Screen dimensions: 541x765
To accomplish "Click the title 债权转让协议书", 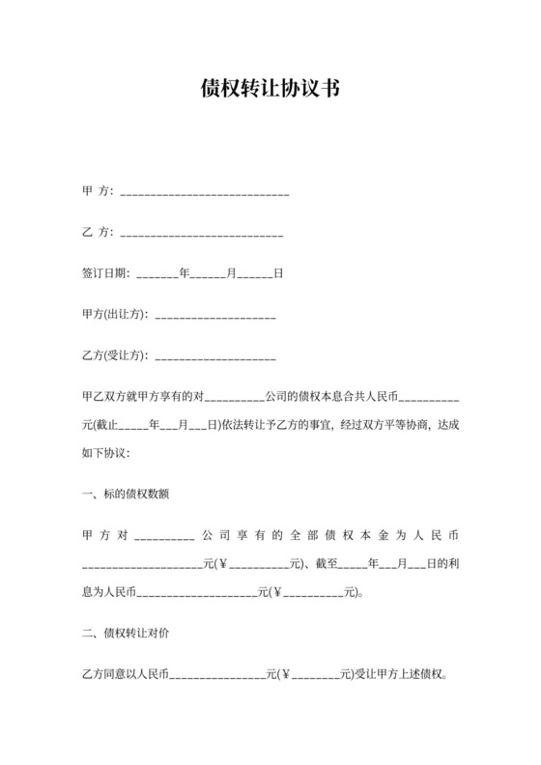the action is (x=270, y=90).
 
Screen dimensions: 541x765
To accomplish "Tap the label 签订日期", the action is (x=104, y=273).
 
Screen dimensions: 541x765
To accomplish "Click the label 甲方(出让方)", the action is (x=114, y=315).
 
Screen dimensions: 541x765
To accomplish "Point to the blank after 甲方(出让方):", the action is (x=214, y=316).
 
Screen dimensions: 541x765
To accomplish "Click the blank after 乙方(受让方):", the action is (x=214, y=357).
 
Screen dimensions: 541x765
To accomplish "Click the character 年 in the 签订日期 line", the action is (x=185, y=273).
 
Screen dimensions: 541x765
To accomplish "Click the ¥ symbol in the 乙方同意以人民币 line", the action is (x=286, y=676).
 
